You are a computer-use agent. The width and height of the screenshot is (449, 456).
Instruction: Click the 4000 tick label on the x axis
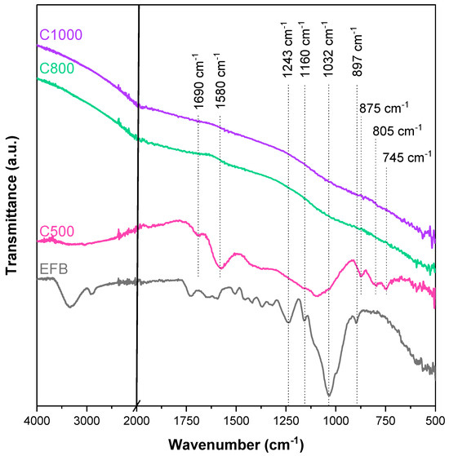click(37, 420)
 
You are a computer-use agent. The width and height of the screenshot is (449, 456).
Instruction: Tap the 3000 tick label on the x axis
click(87, 420)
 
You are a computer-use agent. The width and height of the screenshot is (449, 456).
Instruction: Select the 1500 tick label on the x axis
click(236, 420)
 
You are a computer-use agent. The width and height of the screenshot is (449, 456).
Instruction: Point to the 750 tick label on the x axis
click(385, 420)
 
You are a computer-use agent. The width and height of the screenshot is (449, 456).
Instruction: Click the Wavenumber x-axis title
click(236, 445)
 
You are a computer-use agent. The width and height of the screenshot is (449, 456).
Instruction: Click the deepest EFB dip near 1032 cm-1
click(329, 396)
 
